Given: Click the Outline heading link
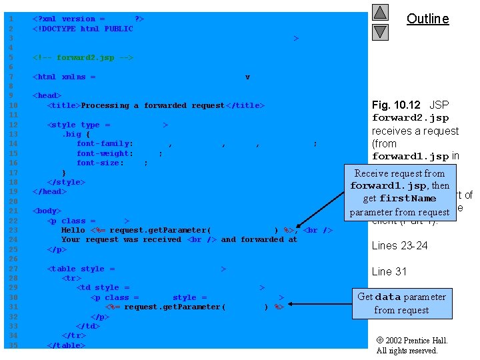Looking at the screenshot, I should click(x=427, y=19).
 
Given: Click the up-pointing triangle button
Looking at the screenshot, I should click(x=380, y=13).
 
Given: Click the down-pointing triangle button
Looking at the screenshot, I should click(x=380, y=31).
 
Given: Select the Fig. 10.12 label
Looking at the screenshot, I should click(x=396, y=105).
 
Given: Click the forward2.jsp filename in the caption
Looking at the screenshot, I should click(x=410, y=118).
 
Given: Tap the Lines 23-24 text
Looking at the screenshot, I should click(x=399, y=246).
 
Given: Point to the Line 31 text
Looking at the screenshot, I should click(x=389, y=271).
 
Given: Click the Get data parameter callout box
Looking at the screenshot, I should click(x=401, y=303).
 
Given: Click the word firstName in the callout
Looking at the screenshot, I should click(x=408, y=199).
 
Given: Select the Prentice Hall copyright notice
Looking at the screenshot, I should click(x=412, y=345).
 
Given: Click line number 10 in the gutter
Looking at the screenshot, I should click(x=11, y=106).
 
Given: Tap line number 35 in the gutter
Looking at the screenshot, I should click(x=11, y=345).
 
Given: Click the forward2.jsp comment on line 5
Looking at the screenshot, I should click(x=83, y=58).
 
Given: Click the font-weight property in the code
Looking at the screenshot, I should click(x=105, y=153).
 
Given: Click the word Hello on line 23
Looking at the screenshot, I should click(x=73, y=230).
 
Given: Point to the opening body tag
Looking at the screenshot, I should click(x=47, y=211).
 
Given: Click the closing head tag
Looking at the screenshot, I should click(x=49, y=191).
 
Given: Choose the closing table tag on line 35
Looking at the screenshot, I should click(x=66, y=345).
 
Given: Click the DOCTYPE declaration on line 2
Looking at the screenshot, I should click(x=83, y=29).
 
